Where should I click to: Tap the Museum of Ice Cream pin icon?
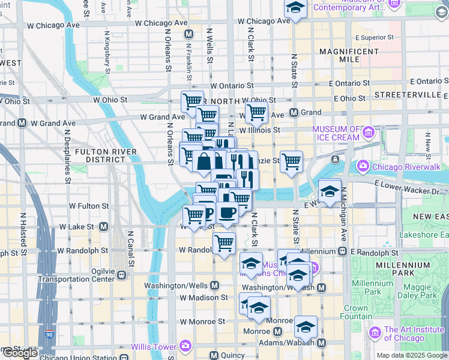tap(368, 131)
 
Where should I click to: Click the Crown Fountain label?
tap(355, 313)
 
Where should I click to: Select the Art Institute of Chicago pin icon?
tap(375, 332)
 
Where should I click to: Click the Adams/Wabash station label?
tap(287, 343)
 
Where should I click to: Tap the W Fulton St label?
tap(88, 206)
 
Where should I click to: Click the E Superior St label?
tap(374, 37)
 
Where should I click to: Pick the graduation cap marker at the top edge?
tap(295, 8)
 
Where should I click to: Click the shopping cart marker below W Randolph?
tap(224, 244)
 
